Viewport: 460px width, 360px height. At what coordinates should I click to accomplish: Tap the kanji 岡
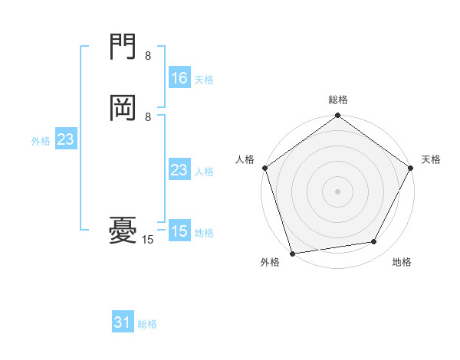click(123, 108)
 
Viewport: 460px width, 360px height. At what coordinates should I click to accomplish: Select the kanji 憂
click(123, 229)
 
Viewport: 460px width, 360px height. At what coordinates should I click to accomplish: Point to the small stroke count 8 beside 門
click(148, 56)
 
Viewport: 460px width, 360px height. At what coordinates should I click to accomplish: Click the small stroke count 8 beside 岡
click(148, 116)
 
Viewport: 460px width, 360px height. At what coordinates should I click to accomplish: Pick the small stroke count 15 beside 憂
click(148, 240)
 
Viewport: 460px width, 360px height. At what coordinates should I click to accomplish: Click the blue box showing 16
click(179, 78)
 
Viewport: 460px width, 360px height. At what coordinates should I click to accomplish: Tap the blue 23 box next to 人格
click(179, 170)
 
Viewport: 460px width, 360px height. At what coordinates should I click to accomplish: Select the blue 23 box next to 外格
click(65, 139)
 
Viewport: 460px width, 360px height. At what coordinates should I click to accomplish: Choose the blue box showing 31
click(123, 323)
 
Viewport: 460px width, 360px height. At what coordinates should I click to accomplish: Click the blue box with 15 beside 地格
click(179, 231)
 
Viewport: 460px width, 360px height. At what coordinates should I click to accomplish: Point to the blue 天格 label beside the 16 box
click(204, 80)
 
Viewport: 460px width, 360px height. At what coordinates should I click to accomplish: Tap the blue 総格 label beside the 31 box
click(147, 325)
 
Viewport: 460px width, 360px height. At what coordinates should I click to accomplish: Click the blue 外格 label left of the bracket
click(41, 141)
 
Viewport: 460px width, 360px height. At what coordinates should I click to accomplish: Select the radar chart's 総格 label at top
click(338, 100)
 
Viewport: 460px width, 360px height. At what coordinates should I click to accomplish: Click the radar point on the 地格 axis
click(374, 242)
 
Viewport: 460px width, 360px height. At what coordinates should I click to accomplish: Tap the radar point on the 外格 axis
click(292, 253)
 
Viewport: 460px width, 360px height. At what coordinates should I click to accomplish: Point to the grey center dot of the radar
click(337, 191)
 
